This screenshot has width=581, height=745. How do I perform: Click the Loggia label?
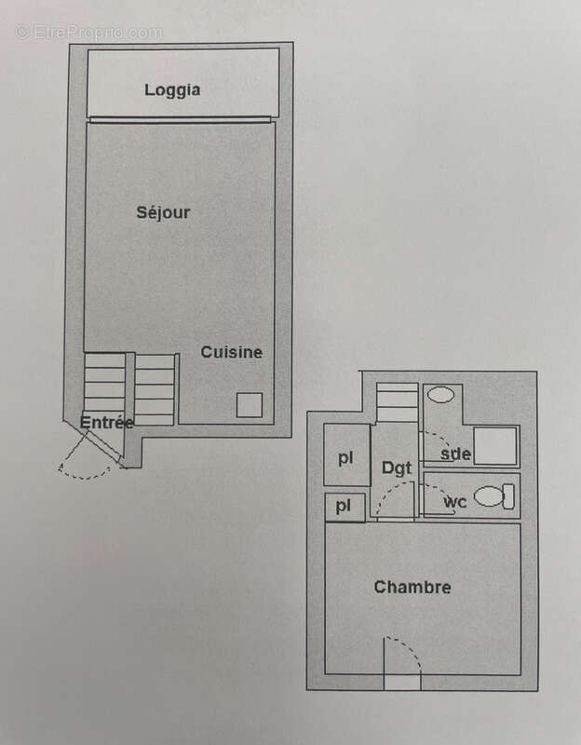pos(173,90)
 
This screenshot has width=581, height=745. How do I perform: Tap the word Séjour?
pos(163,212)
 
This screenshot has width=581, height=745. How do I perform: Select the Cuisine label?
pos(232,352)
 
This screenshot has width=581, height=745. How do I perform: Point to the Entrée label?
pos(106,422)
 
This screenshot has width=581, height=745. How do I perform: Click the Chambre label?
pos(412,587)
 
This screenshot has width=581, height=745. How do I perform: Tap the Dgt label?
pos(396,467)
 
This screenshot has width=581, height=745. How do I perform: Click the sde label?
pos(456,454)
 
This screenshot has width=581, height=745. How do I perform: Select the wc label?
pos(454,503)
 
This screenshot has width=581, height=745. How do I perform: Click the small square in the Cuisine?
pos(249,405)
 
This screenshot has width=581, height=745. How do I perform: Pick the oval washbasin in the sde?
pos(441,395)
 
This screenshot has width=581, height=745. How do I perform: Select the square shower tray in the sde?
pos(493,445)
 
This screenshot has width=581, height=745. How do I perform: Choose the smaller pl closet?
pos(344,507)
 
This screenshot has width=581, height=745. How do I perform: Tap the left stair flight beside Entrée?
pos(104,382)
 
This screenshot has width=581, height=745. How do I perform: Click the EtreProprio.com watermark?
pos(88,32)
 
